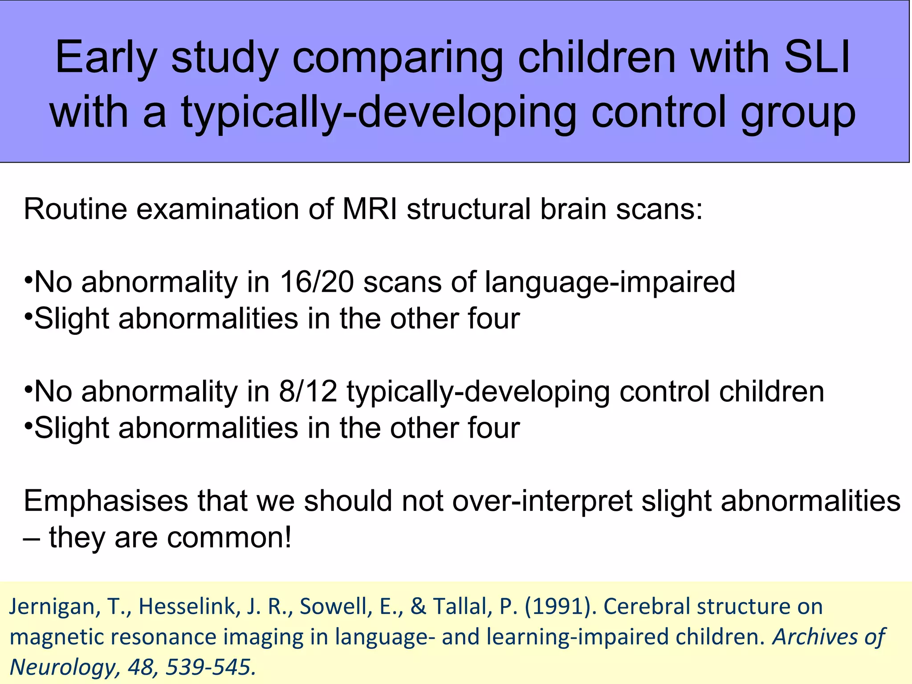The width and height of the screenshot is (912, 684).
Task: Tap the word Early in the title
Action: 106,59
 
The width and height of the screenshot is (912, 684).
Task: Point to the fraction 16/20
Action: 316,282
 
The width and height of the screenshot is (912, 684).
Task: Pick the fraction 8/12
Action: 308,391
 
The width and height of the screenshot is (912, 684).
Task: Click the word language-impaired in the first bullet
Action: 610,283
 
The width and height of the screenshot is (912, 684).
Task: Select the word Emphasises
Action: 106,501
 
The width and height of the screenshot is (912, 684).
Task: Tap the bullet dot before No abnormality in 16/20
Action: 28,281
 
